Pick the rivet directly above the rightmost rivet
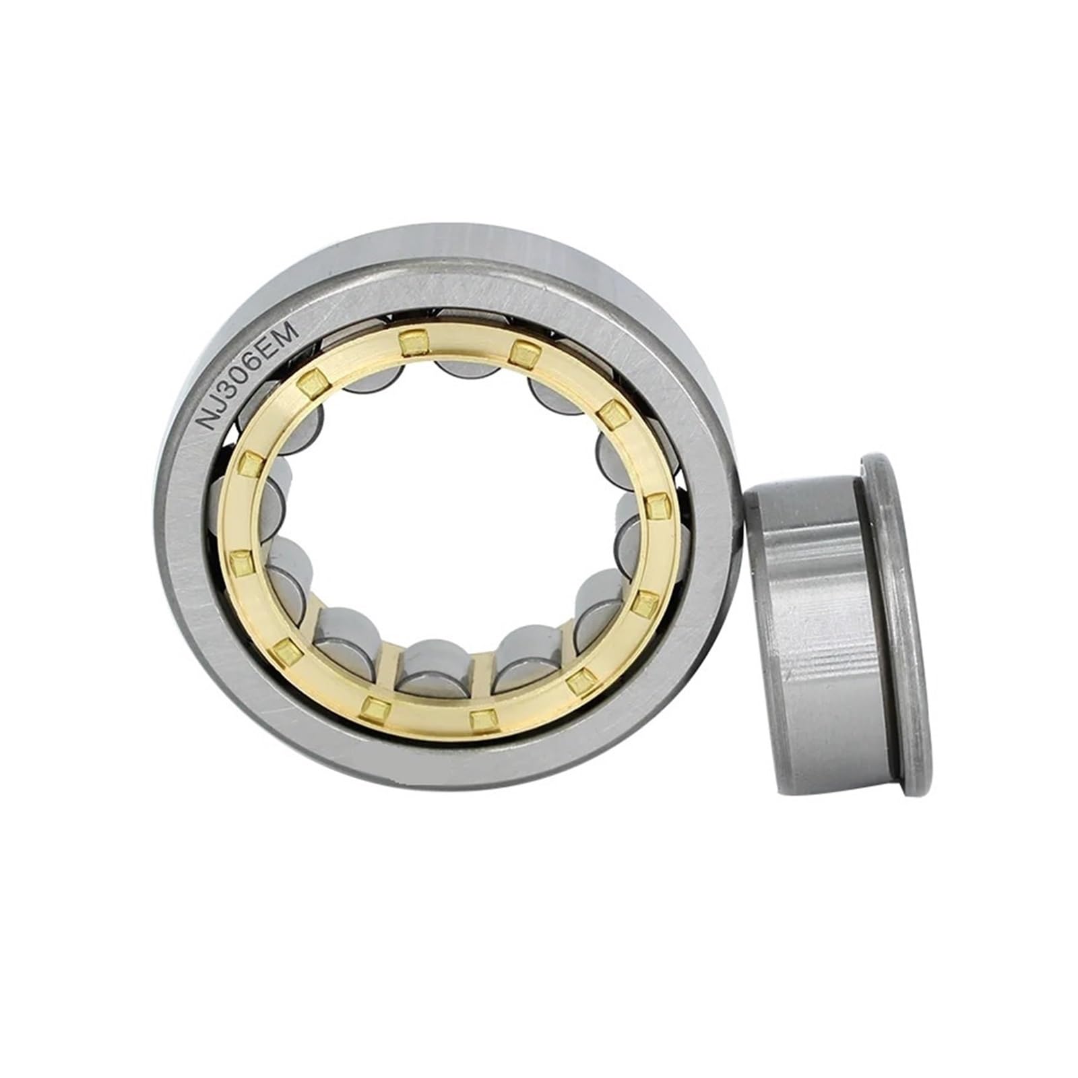point(612,412)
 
